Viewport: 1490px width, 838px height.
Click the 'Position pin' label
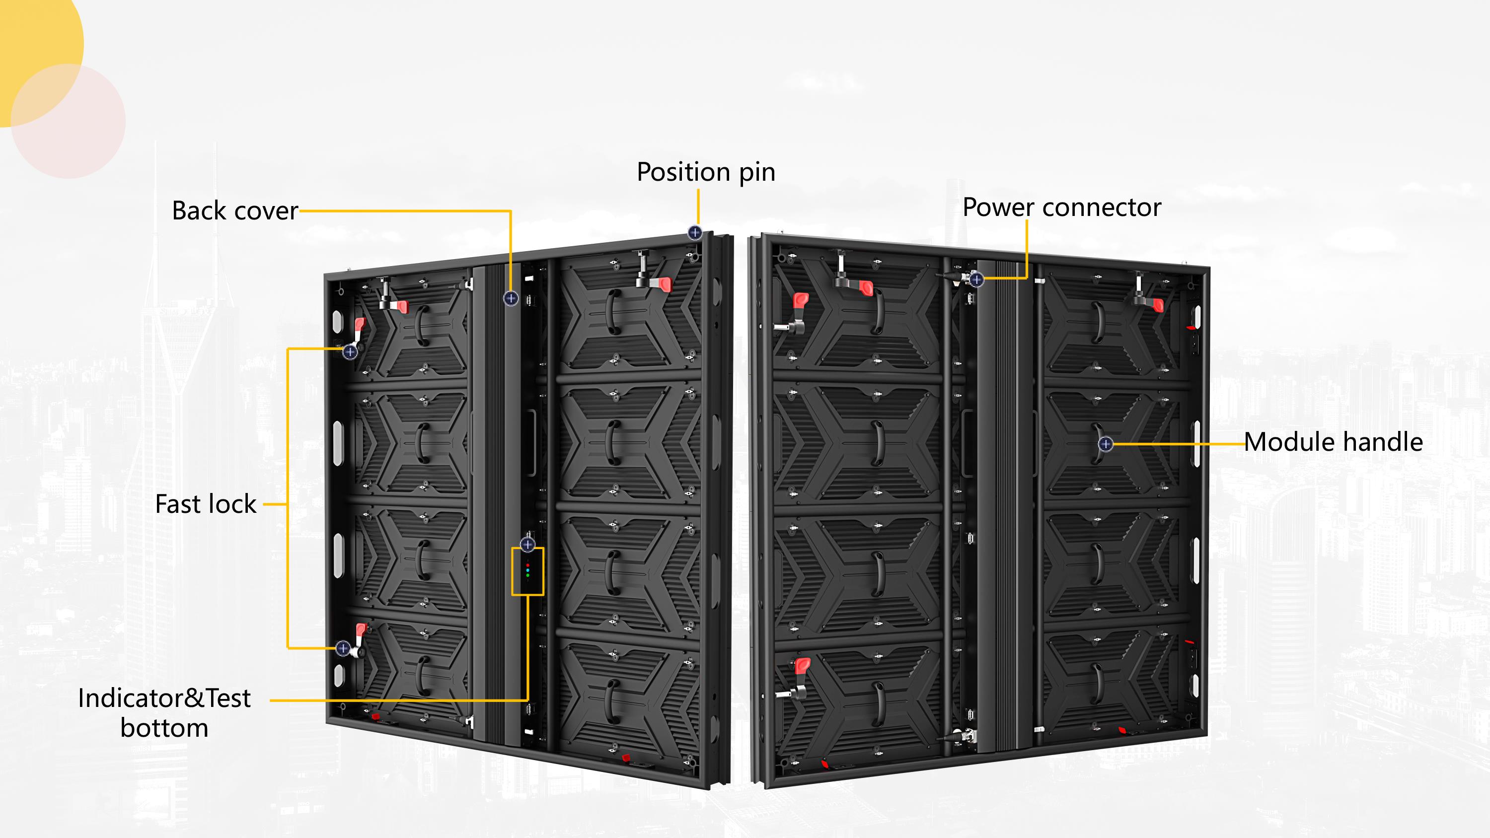coord(706,172)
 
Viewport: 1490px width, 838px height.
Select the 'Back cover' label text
coord(235,210)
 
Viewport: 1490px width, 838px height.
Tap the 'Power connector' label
coord(1062,207)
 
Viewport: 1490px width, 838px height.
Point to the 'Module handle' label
coord(1333,442)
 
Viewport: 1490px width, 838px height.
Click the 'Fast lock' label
coord(205,504)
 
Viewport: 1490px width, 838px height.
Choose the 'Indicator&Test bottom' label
coord(164,712)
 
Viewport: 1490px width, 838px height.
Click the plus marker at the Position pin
coord(695,232)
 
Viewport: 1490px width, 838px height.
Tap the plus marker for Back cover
coord(511,298)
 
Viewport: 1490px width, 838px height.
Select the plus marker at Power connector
coord(976,280)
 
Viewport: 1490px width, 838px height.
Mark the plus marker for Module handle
coord(1106,444)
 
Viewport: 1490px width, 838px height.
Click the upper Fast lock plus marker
coord(350,351)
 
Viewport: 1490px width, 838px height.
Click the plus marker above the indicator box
coord(527,544)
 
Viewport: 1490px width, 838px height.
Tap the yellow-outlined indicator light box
coord(527,571)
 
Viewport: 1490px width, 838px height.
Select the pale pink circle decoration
coord(68,121)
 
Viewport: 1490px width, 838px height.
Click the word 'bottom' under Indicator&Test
coord(164,727)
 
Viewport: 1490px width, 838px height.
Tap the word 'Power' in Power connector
coord(998,207)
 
